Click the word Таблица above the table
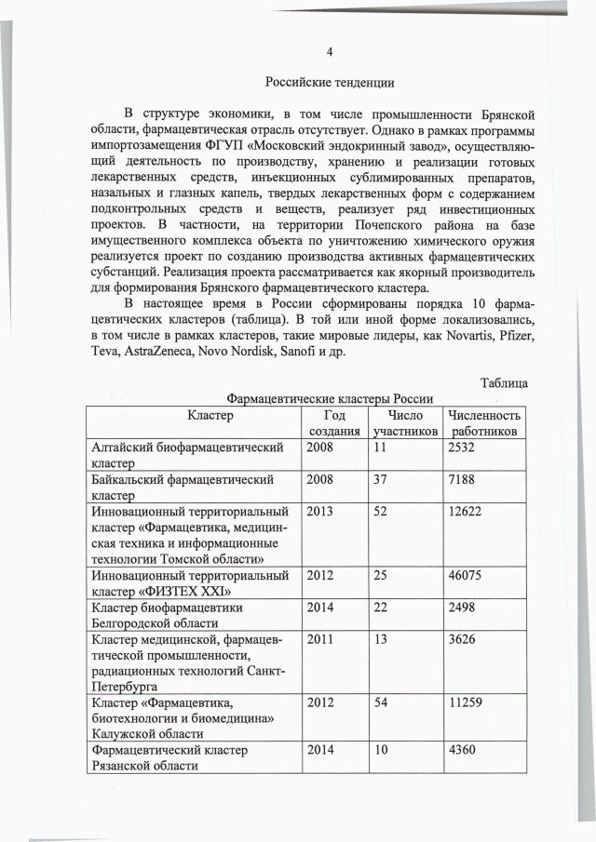point(504,382)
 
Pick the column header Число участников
point(404,423)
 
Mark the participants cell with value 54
point(381,703)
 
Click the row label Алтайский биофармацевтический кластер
point(187,456)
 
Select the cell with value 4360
point(462,750)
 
